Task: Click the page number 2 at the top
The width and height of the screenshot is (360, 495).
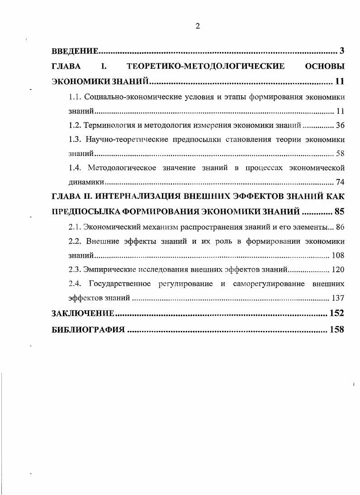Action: click(x=198, y=26)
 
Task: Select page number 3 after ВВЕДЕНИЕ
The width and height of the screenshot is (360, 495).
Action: click(x=342, y=50)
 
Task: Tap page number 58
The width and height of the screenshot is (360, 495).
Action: click(x=340, y=154)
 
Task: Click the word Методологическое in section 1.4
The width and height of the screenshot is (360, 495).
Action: click(x=122, y=168)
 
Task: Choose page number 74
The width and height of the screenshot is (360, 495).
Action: click(x=340, y=183)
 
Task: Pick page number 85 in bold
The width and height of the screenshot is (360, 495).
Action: click(x=339, y=212)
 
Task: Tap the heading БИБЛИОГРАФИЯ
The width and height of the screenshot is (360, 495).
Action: click(x=88, y=330)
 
